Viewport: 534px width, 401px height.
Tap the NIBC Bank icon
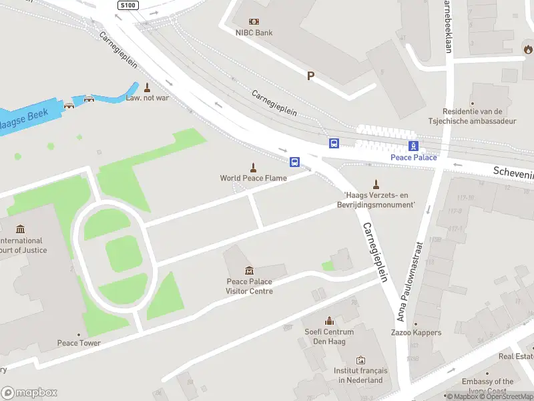[254, 21]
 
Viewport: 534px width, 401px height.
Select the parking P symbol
[310, 76]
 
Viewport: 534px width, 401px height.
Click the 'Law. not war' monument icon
[147, 87]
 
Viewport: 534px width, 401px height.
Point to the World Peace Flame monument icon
[253, 167]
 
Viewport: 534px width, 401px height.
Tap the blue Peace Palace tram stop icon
[414, 146]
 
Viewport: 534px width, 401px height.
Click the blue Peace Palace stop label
[414, 157]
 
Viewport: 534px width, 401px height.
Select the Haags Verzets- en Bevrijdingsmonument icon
[376, 184]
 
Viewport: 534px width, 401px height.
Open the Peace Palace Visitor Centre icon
[249, 270]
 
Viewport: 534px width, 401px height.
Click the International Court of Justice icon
[21, 229]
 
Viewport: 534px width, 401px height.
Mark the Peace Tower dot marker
[79, 334]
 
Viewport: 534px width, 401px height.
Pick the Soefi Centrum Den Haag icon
[328, 321]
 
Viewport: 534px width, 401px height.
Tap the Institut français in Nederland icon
[360, 360]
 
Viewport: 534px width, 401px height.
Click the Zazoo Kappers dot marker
[416, 323]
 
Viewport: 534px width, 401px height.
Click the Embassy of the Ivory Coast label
[488, 386]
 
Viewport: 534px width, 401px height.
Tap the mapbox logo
[29, 393]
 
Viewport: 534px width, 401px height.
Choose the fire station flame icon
[528, 49]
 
